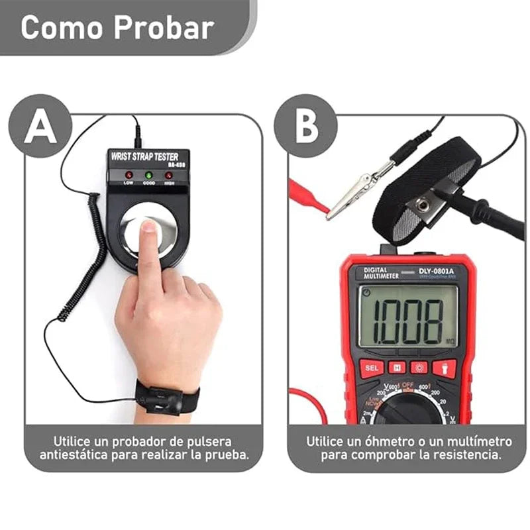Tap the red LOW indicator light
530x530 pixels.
pyautogui.click(x=129, y=176)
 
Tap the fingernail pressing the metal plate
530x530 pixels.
pyautogui.click(x=148, y=229)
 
